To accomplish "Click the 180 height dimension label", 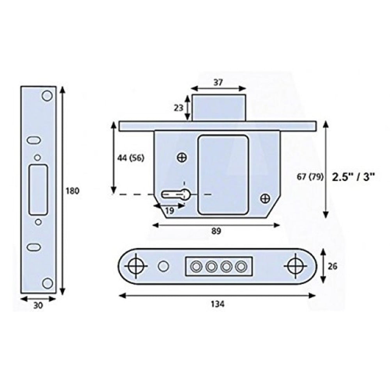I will tap(73, 191).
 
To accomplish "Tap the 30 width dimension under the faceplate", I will tap(38, 307).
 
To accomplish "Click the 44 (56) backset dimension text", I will tap(130, 158).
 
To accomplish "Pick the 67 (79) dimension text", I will tap(310, 177).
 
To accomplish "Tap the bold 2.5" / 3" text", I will tap(353, 177).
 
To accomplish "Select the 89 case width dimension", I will tap(216, 231).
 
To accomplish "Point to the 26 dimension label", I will tap(333, 266).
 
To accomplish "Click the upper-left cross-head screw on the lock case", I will tap(181, 158).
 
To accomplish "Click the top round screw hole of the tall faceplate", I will tap(47, 95).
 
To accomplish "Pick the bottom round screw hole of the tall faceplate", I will tap(47, 283).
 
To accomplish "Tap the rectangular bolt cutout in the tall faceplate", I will tap(38, 189).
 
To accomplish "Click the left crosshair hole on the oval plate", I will tap(136, 266).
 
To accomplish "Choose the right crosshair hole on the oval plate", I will tap(295, 266).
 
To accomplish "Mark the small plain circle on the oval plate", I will tap(163, 266).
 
